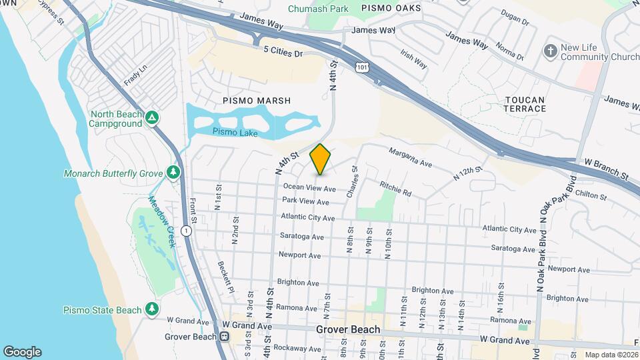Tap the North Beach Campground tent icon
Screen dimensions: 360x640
pyautogui.click(x=153, y=118)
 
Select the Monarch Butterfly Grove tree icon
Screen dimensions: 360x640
pyautogui.click(x=174, y=173)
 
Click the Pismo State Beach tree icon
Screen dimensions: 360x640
pyautogui.click(x=153, y=309)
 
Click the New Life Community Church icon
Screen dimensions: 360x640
pyautogui.click(x=550, y=51)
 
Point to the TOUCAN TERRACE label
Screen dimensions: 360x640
pyautogui.click(x=525, y=104)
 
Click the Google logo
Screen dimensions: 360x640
pyautogui.click(x=22, y=351)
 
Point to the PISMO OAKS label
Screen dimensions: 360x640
pyautogui.click(x=391, y=8)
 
